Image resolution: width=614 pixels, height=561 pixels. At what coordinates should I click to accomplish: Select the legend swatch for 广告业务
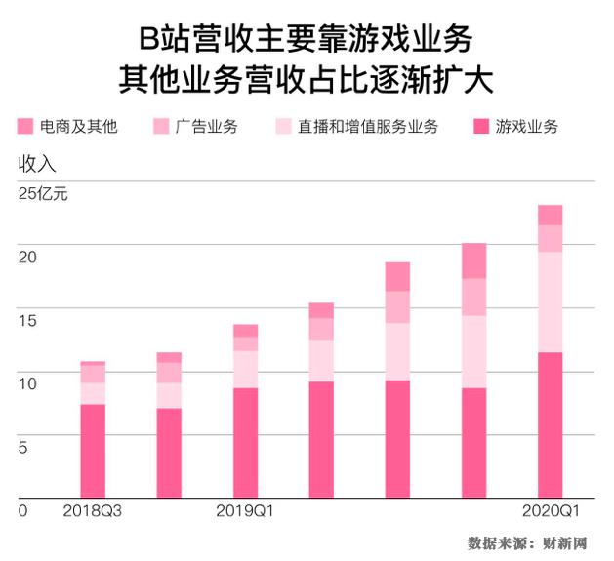[162, 127]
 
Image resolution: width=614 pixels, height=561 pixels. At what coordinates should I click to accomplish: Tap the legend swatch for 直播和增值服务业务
[284, 127]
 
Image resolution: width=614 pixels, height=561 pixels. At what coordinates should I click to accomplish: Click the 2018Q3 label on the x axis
[92, 510]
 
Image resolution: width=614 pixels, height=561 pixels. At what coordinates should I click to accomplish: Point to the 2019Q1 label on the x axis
[245, 510]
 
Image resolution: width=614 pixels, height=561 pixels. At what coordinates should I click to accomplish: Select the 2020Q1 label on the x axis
[551, 510]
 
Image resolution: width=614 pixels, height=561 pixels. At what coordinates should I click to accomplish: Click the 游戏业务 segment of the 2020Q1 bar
[551, 424]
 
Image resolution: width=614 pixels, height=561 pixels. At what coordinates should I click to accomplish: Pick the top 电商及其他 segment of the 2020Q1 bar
[551, 215]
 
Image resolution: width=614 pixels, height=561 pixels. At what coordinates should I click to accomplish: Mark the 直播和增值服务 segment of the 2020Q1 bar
[551, 301]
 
